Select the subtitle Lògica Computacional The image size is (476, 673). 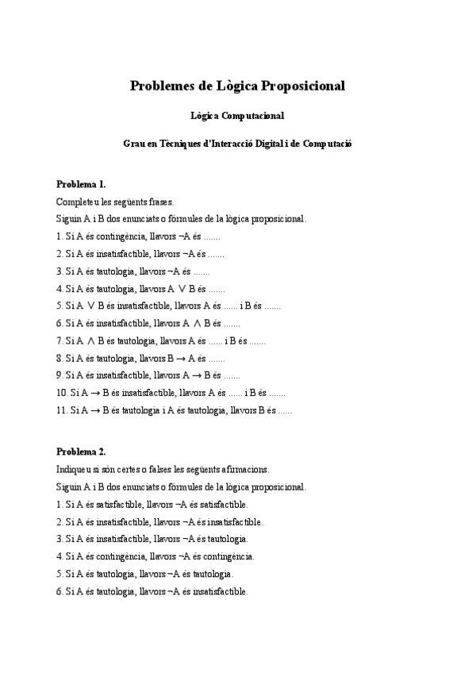pos(237,116)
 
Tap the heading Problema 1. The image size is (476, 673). pos(81,183)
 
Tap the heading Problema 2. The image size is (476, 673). pos(81,452)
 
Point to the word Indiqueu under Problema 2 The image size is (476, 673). pos(75,469)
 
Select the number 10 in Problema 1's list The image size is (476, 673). pos(61,393)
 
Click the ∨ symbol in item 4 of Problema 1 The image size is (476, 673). pos(181,289)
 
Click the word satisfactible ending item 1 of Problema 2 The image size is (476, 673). pos(224,505)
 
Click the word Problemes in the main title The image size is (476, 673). pos(163,87)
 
